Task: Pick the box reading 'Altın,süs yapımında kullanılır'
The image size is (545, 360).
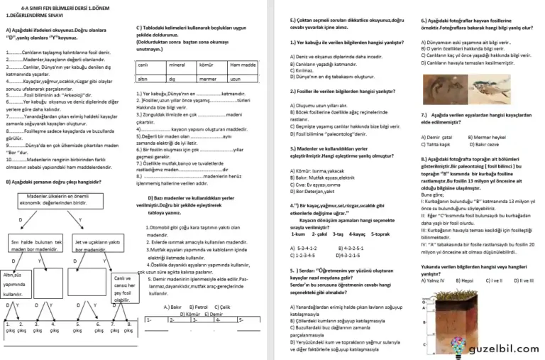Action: point(17,284)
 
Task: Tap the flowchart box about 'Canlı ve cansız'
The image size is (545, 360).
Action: point(121,288)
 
